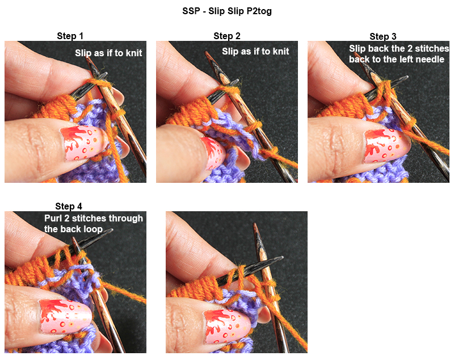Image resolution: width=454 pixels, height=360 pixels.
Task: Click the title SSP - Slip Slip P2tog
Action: [227, 11]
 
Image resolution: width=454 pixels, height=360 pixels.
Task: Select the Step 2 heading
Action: [227, 36]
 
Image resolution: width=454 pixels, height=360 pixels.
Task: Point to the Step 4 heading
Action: [69, 206]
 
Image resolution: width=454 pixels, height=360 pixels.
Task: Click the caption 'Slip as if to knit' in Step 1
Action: [108, 53]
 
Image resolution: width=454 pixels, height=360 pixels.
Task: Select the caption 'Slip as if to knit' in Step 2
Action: [255, 52]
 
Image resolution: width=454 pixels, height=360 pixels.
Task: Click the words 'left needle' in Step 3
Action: [417, 59]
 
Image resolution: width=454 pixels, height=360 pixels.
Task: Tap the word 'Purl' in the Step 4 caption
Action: [54, 218]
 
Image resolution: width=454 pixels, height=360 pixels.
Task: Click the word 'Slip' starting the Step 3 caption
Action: [358, 49]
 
